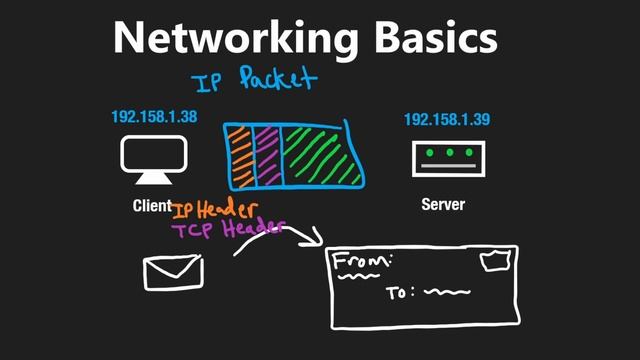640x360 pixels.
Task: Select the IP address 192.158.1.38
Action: click(154, 117)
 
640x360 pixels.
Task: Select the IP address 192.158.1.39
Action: click(447, 120)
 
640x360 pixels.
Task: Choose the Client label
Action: click(151, 206)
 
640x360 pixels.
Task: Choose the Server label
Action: click(442, 205)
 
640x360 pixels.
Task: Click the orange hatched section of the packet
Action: click(240, 156)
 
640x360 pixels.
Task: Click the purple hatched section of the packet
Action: click(267, 156)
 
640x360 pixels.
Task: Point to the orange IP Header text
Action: click(215, 210)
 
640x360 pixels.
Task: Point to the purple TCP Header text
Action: click(227, 229)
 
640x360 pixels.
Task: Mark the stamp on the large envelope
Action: click(494, 262)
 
